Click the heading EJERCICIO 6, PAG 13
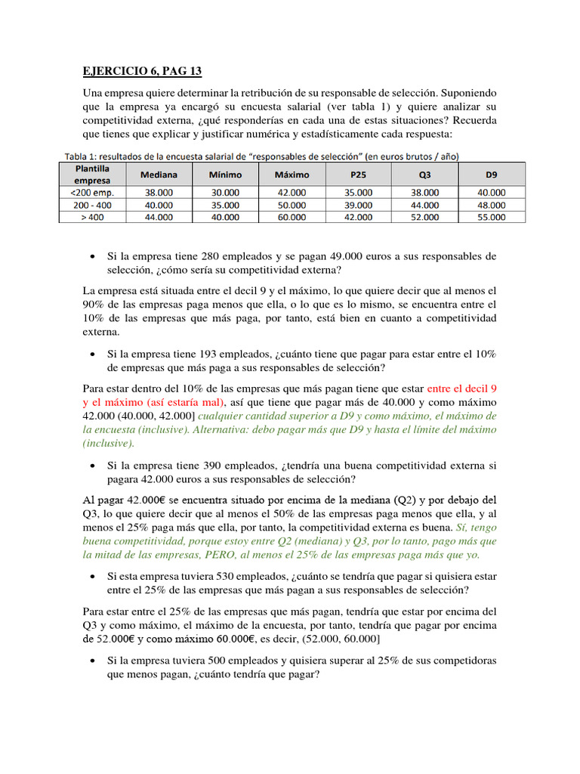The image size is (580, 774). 143,71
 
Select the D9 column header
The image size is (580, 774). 492,174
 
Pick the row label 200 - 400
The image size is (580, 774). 91,204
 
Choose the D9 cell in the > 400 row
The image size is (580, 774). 492,216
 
